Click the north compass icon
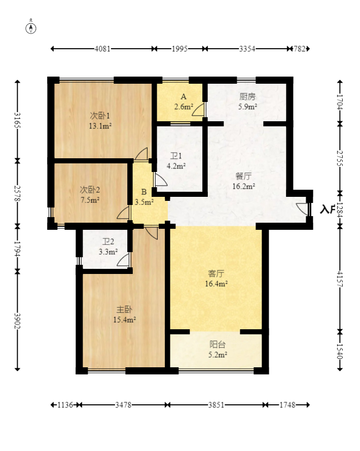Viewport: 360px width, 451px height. coord(31,28)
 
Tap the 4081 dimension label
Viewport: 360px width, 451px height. coord(102,49)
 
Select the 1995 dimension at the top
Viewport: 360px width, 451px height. coord(179,49)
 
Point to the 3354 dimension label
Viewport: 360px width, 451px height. coord(247,49)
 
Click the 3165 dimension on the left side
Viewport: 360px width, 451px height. coord(18,120)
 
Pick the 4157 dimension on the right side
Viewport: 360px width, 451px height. coord(340,279)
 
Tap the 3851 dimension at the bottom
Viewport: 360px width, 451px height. coord(216,405)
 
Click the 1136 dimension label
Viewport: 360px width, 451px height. coord(65,405)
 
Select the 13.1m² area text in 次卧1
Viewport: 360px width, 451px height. coord(100,126)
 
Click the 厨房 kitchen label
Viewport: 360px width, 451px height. coord(247,96)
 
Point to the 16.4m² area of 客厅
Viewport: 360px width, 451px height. coord(216,284)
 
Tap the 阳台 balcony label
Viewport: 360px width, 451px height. coord(218,344)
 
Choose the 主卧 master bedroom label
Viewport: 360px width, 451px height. coord(124,309)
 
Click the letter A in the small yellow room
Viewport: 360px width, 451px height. coord(184,96)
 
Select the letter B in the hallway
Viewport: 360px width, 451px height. coord(144,192)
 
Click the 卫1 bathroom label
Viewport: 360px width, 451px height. coord(176,156)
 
